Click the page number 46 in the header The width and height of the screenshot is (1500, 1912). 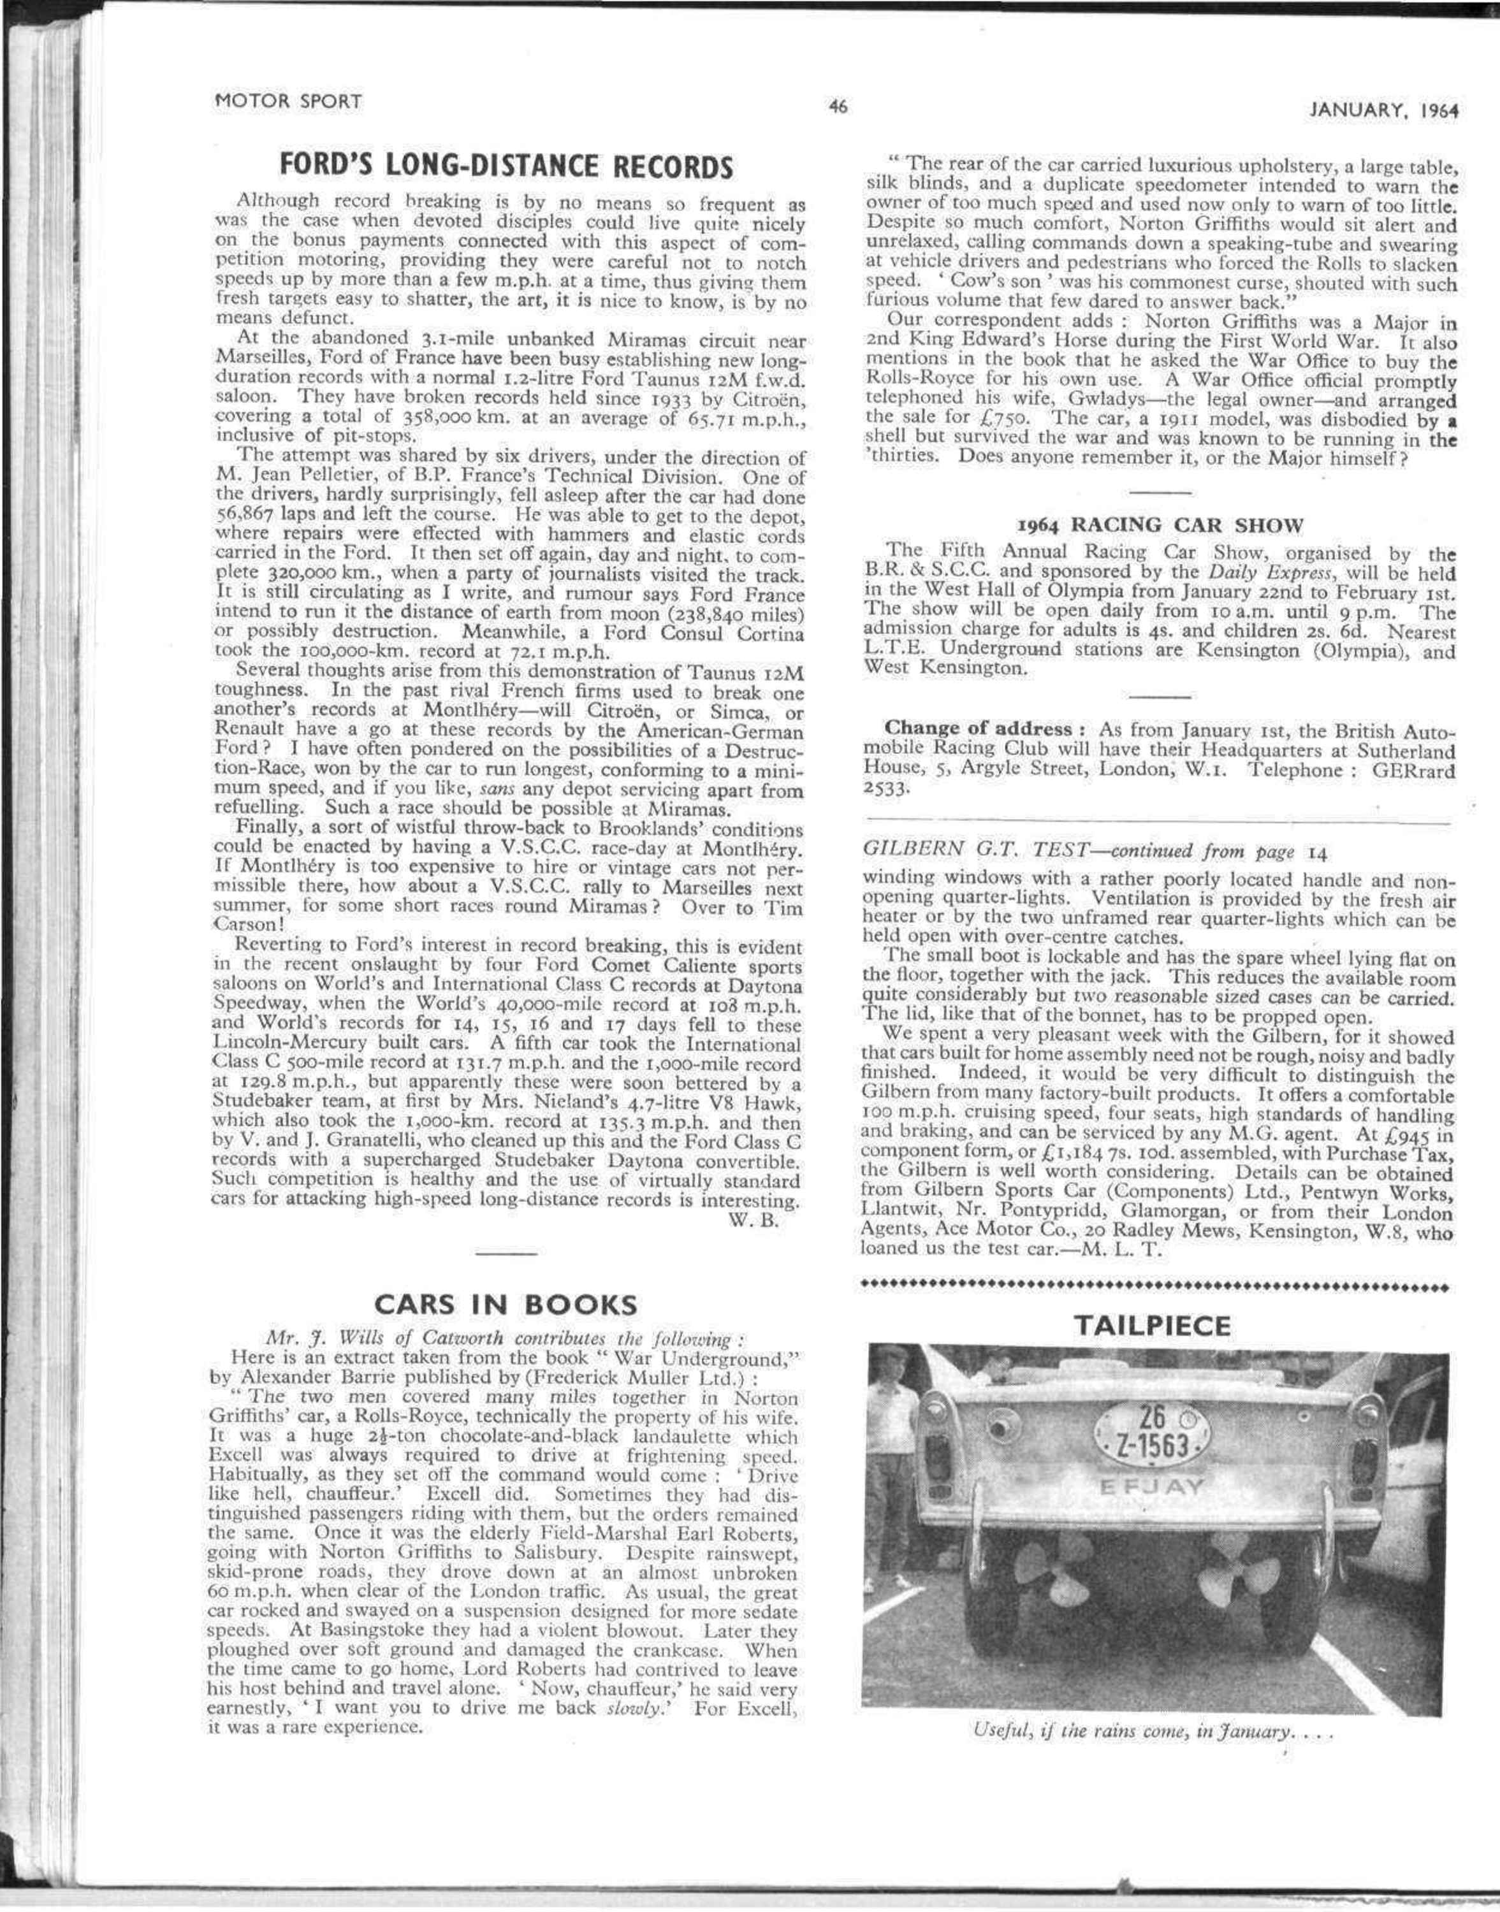(x=838, y=108)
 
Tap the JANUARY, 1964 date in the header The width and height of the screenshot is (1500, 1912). (x=1384, y=111)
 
